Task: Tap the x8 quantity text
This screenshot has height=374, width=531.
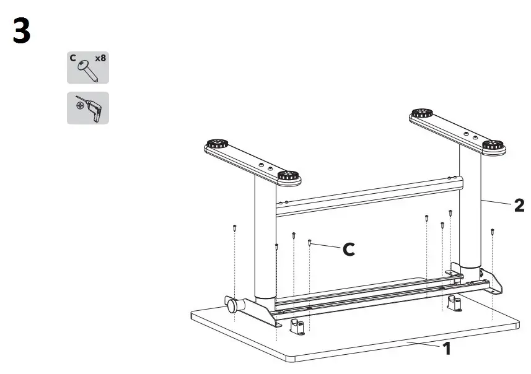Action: [x=100, y=59]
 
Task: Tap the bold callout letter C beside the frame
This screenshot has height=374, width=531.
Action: [x=349, y=250]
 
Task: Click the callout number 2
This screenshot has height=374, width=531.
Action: [x=519, y=205]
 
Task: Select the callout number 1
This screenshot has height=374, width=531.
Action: [x=446, y=349]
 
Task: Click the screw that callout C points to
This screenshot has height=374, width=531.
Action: [x=309, y=243]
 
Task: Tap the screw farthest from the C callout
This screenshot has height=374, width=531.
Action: [x=492, y=232]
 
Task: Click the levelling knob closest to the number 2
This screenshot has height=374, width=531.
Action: [x=494, y=147]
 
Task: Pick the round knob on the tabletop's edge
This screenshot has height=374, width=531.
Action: [x=232, y=305]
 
